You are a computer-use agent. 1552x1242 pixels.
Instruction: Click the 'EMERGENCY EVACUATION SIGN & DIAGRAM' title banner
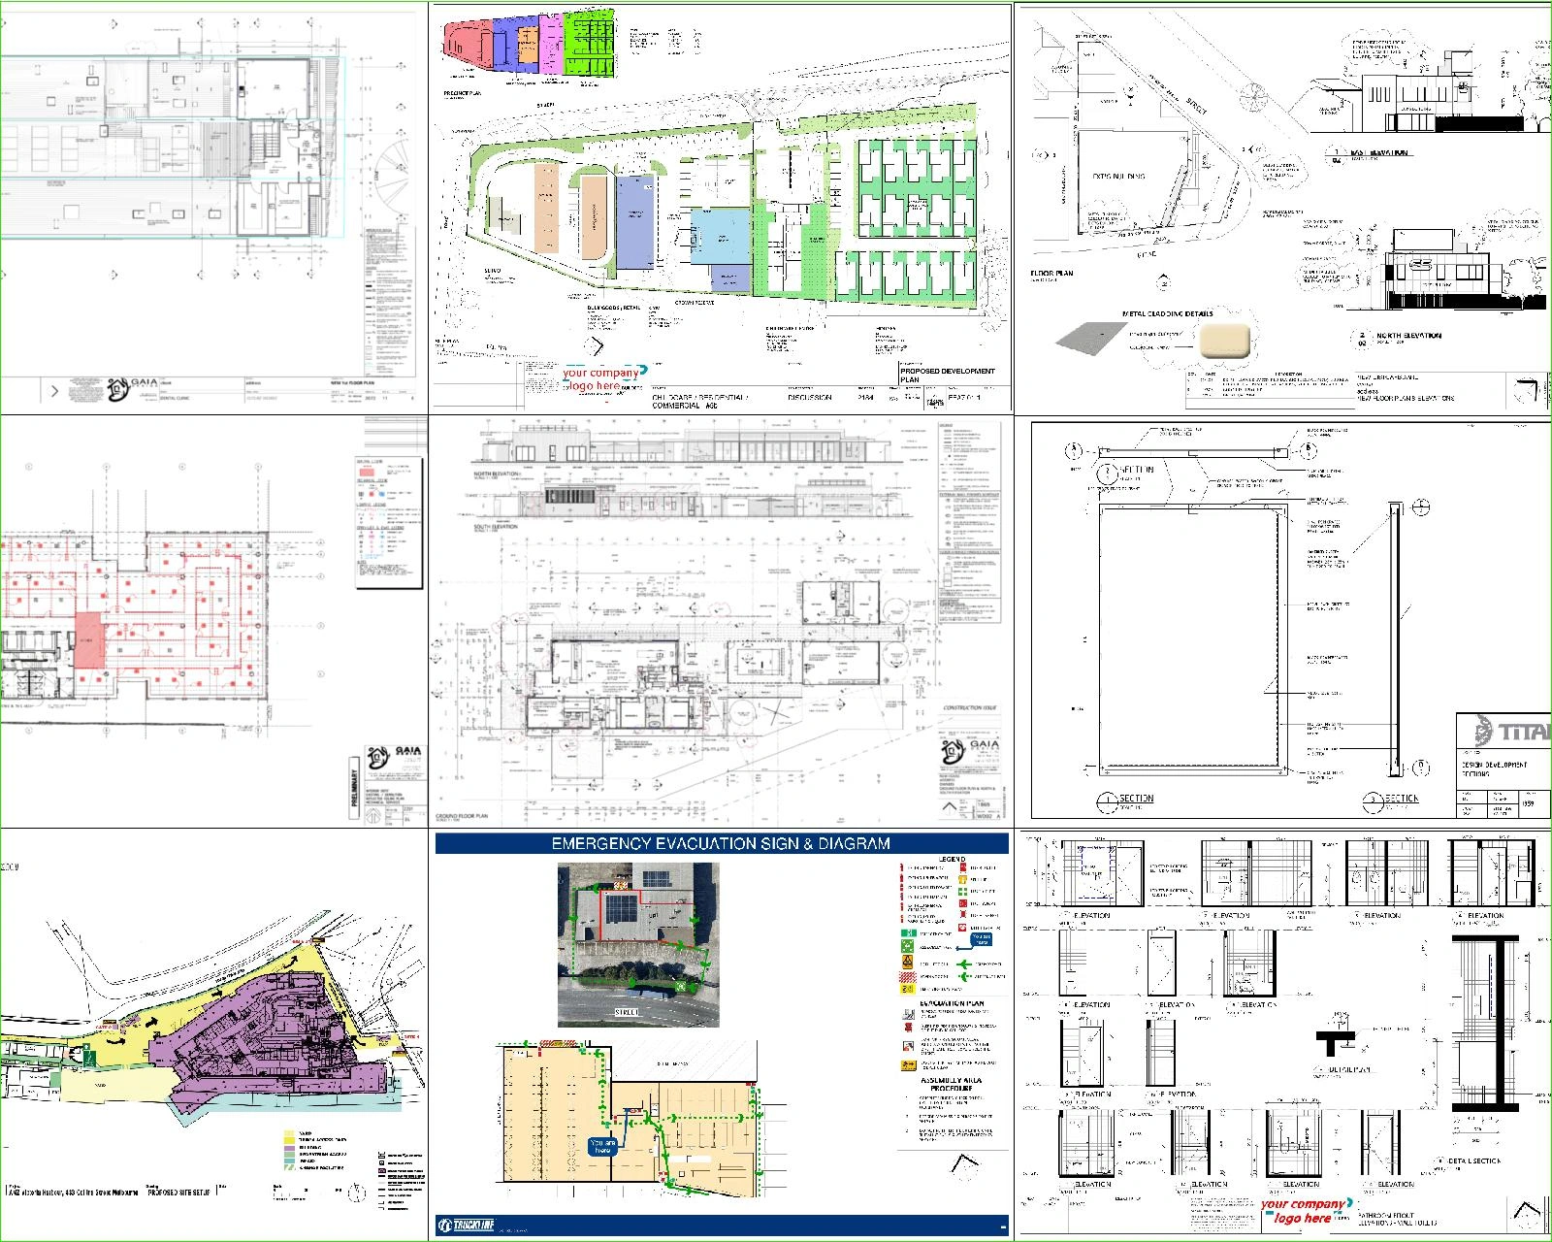[x=721, y=843]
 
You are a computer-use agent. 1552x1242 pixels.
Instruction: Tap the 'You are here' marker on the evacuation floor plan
[x=601, y=1146]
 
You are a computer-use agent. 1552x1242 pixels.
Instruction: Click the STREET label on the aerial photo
[x=628, y=1012]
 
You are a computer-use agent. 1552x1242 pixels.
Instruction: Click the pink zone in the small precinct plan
[x=550, y=44]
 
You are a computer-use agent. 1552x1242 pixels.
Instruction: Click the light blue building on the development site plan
[x=719, y=236]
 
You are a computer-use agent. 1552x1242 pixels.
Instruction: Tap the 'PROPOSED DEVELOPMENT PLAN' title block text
[x=946, y=375]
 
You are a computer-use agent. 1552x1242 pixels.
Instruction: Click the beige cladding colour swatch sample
[x=1226, y=341]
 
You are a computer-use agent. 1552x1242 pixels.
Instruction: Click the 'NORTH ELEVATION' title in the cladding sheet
[x=1408, y=336]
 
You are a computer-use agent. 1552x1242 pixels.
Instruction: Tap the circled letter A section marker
[x=1073, y=451]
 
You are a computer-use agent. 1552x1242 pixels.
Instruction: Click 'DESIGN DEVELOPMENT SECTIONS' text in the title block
[x=1494, y=768]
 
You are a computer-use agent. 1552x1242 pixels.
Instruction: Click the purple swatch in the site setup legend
[x=289, y=1147]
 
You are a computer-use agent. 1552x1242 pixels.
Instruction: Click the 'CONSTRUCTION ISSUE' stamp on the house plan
[x=969, y=708]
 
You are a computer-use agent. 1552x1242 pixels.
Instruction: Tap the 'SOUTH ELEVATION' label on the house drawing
[x=495, y=527]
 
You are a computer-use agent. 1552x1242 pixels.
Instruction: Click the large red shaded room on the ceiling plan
[x=88, y=637]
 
